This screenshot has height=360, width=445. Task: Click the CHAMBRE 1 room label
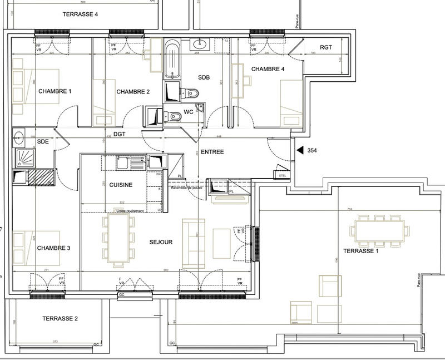(x=55, y=91)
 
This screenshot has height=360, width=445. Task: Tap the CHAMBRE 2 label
(x=133, y=92)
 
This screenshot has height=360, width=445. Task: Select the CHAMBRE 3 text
(x=53, y=248)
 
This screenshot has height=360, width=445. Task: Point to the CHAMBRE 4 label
(x=268, y=69)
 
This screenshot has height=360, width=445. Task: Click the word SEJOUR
(x=161, y=242)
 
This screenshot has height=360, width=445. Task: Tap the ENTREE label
(x=212, y=152)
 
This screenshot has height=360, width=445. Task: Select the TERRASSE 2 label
(x=60, y=319)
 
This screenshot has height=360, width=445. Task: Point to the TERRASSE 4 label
(x=81, y=14)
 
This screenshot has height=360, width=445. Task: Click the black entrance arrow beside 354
(x=300, y=150)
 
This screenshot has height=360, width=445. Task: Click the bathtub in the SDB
(x=172, y=58)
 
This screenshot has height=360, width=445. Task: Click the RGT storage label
(x=326, y=48)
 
